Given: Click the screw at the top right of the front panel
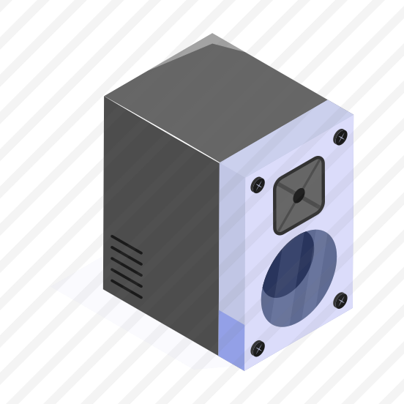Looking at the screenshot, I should [340, 137].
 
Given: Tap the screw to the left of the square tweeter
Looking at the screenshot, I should [258, 184].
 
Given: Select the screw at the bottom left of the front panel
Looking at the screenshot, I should [258, 348].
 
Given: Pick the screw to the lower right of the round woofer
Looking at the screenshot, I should [340, 300].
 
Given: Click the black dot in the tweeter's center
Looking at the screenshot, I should [299, 195].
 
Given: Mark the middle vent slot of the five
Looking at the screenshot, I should [127, 267].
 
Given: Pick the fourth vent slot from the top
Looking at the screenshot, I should [127, 278].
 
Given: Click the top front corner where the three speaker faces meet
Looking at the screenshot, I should [219, 162].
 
